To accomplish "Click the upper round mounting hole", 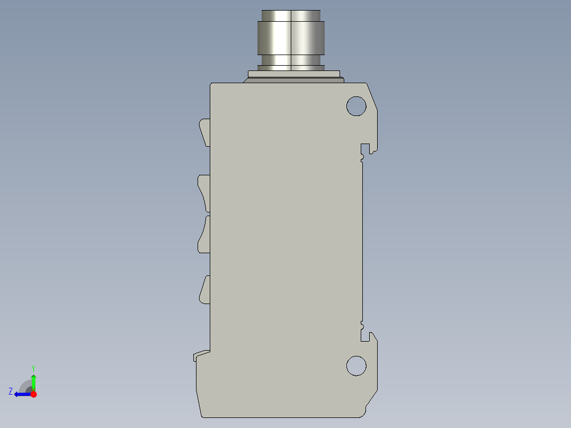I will coord(356,106).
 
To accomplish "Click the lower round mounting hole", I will coord(356,365).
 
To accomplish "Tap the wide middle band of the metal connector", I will coord(291,38).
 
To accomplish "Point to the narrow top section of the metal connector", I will coord(291,15).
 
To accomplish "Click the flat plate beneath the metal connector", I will coord(293,75).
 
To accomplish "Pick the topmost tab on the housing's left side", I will coord(204,131).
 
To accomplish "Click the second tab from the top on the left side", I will coord(204,192).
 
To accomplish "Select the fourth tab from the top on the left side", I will coord(204,290).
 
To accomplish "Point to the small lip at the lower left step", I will coord(200,354).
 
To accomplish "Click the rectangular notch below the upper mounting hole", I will coord(365,148).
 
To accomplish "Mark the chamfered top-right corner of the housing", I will coord(372,95).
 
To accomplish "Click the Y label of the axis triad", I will coord(33,367).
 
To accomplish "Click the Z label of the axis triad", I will coord(11,391).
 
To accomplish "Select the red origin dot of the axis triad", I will coord(33,394).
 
